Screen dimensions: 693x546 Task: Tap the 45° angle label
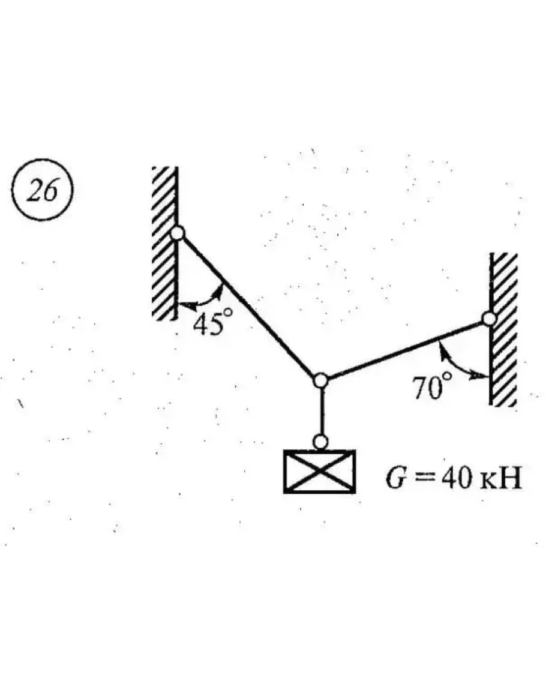point(208,323)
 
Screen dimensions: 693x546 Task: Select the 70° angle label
point(431,387)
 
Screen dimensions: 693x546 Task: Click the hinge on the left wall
point(178,233)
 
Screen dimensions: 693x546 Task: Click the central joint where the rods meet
point(321,380)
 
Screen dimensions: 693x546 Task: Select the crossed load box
point(320,472)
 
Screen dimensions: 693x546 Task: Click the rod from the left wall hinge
point(249,306)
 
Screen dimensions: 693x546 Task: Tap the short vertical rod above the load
point(321,412)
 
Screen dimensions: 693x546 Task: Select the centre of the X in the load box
point(320,472)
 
